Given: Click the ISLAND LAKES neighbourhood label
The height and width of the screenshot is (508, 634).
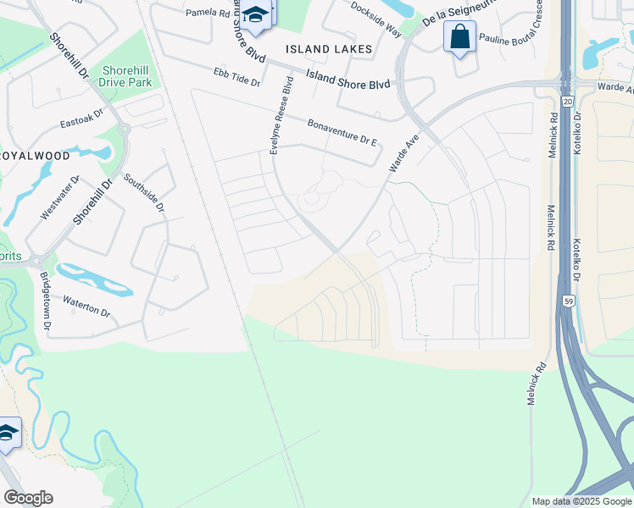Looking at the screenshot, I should (329, 49).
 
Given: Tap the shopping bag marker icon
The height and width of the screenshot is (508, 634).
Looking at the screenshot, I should (459, 37).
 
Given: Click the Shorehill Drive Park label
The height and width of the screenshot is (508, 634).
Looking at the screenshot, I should (125, 76).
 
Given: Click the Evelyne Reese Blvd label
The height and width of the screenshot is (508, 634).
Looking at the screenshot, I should (281, 116).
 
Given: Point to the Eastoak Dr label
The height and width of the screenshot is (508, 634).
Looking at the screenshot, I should (81, 118).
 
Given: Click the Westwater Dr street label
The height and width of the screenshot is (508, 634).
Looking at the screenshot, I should (59, 198).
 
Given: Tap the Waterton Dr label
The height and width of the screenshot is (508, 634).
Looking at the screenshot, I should (86, 308).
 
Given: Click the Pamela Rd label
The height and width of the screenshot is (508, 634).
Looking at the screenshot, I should (208, 13).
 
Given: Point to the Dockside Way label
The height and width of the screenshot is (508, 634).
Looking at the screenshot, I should (376, 18).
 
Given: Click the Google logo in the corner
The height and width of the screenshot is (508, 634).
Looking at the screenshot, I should (28, 498).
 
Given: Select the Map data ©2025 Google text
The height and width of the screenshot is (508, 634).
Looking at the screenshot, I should (581, 501).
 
